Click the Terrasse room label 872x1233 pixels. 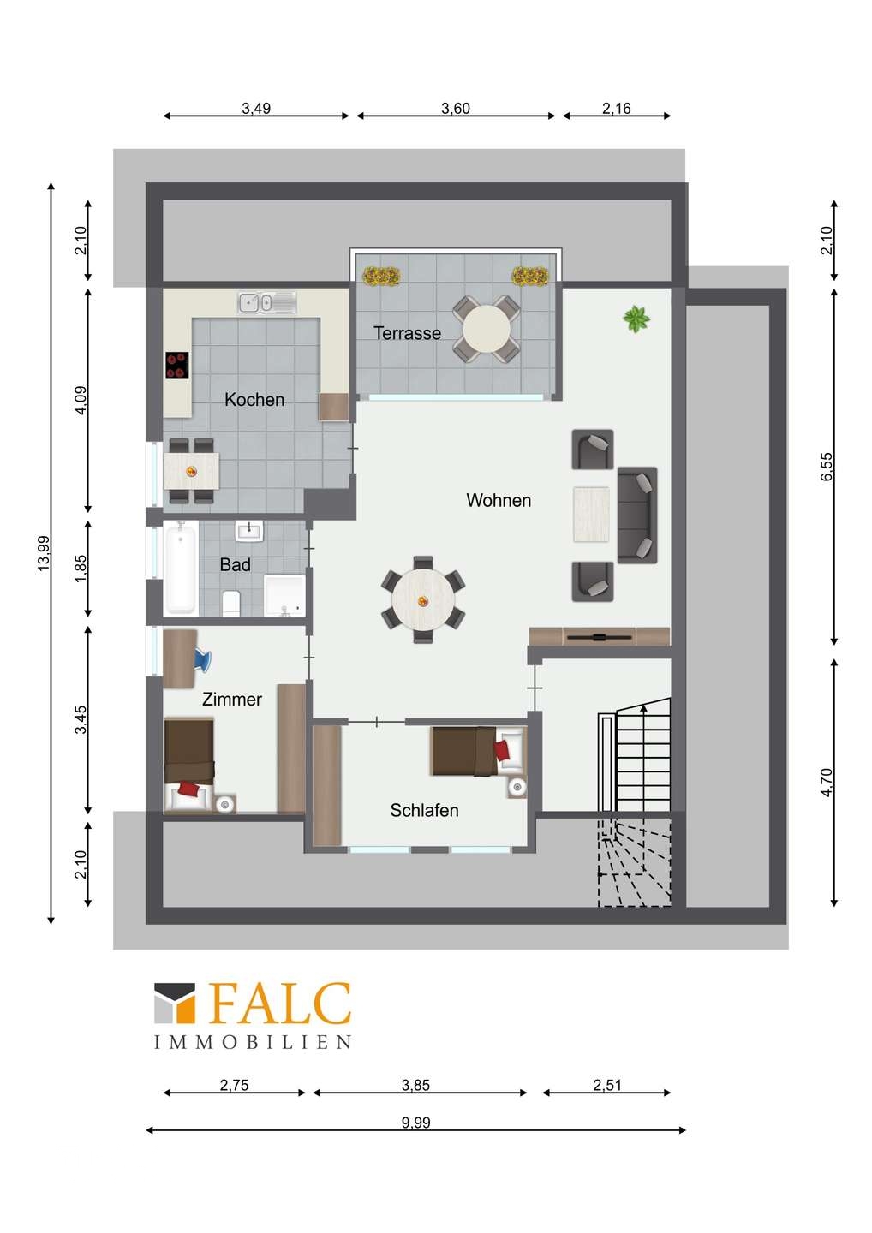click(407, 333)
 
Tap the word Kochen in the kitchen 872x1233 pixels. click(254, 399)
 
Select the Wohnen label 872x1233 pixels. click(499, 500)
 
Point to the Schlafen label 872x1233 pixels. click(424, 810)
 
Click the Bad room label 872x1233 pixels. click(235, 564)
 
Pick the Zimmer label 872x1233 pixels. click(232, 699)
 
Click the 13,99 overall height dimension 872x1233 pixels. click(44, 553)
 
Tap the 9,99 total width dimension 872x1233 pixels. click(415, 1122)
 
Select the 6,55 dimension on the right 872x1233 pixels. click(827, 467)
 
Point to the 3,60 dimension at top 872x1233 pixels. click(456, 109)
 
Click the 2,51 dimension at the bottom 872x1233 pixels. click(607, 1084)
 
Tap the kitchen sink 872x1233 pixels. click(267, 303)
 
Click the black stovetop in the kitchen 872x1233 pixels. click(177, 366)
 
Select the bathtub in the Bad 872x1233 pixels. click(181, 567)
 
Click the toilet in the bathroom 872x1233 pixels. click(231, 604)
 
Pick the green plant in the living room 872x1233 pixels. click(636, 319)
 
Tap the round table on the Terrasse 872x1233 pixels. click(486, 329)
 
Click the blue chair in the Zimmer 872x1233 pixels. click(203, 660)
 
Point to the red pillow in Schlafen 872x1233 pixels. click(502, 750)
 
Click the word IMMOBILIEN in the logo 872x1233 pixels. click(252, 1041)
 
